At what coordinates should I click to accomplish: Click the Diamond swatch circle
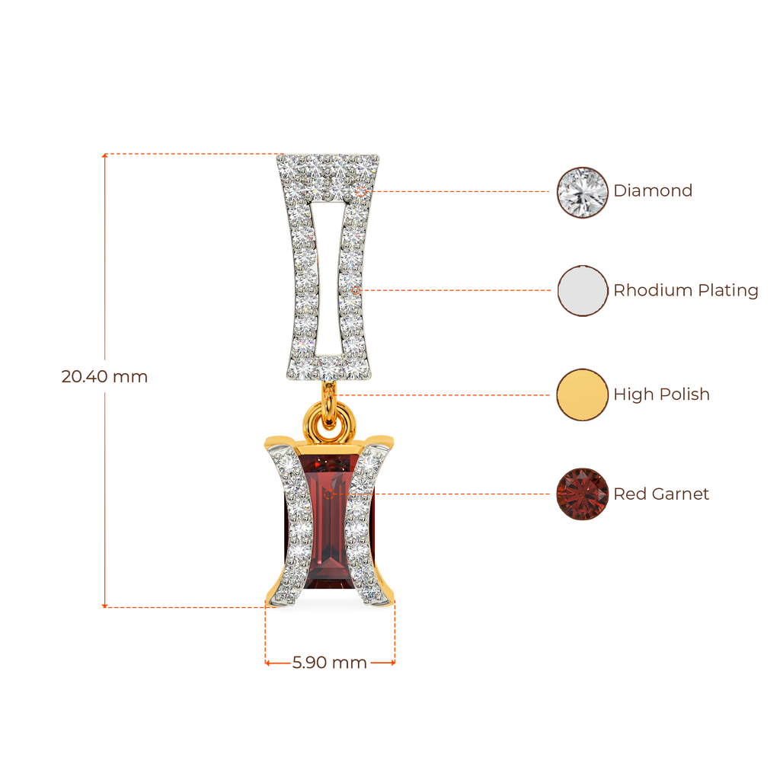582,192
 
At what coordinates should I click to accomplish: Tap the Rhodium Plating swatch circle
582,290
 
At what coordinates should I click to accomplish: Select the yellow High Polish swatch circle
582,394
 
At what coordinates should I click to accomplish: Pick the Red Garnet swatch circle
582,494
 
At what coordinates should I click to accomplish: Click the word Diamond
654,190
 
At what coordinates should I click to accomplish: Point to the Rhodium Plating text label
686,290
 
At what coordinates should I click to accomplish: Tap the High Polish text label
661,394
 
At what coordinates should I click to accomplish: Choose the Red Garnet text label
661,494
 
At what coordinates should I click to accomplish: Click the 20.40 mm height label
104,376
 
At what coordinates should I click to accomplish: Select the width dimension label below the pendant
329,663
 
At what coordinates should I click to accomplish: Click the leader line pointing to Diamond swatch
465,192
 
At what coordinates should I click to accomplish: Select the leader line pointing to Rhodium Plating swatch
457,290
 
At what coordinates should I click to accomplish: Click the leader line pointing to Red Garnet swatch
465,494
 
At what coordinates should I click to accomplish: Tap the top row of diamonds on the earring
328,162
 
